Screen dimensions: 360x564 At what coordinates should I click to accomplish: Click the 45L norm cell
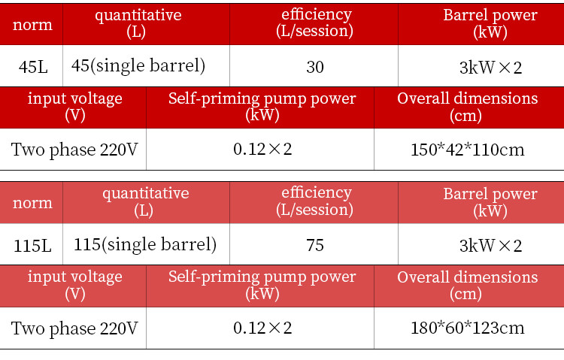(32, 67)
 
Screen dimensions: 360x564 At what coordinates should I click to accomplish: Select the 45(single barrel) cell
(138, 66)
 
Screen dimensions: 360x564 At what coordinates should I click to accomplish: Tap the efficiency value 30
(315, 67)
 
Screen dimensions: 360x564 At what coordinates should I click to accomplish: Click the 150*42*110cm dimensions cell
(467, 149)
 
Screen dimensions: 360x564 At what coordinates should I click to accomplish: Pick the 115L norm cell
(32, 245)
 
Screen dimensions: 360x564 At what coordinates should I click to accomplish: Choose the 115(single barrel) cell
(145, 244)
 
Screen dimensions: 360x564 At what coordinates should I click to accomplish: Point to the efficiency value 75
(315, 245)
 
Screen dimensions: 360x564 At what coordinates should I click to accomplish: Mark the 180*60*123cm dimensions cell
(467, 328)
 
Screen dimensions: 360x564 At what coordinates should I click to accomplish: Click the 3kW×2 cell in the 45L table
(490, 67)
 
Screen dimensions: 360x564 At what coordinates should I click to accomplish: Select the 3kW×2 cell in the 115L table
(490, 245)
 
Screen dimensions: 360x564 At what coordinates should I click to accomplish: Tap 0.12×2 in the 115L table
(262, 328)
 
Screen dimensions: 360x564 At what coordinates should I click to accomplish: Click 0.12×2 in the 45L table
(262, 149)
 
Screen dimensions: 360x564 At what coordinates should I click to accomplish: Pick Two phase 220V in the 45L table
(74, 149)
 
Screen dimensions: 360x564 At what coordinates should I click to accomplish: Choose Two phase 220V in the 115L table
(74, 328)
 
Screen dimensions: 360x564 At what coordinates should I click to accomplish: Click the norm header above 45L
(32, 24)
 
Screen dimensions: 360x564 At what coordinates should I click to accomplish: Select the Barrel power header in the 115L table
(490, 202)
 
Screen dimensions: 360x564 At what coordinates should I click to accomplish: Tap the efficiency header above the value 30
(315, 23)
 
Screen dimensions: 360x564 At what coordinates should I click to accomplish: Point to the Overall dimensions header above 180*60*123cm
(467, 285)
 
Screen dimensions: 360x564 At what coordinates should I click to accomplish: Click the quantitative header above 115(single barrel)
(145, 201)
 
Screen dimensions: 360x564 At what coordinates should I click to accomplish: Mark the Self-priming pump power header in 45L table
(262, 107)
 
